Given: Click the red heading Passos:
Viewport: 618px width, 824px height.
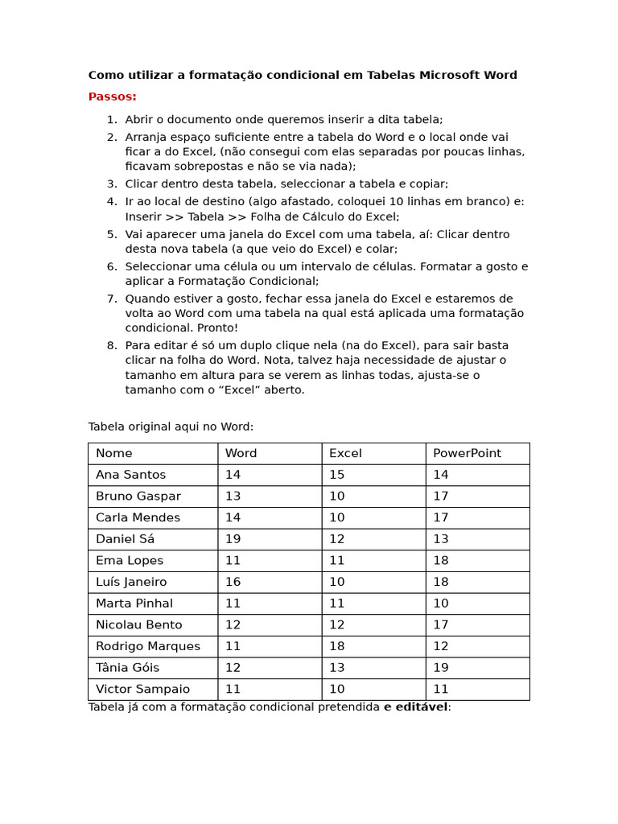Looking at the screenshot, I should (x=112, y=97).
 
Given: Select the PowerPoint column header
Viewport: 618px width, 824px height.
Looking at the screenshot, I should (x=467, y=454).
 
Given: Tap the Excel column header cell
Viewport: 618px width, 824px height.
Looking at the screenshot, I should (x=345, y=454).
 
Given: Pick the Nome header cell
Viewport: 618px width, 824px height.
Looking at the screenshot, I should (x=114, y=454).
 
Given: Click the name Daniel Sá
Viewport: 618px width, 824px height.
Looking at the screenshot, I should (x=125, y=539).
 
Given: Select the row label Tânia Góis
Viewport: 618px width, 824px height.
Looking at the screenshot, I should (x=127, y=668).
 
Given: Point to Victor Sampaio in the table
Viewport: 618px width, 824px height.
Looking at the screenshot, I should (x=142, y=690).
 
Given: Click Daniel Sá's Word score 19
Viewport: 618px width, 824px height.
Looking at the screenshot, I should (x=233, y=539).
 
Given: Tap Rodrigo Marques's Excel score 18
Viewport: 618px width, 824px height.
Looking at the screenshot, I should (x=336, y=646).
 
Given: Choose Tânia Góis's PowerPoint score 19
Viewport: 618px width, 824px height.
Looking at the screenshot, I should (x=441, y=668).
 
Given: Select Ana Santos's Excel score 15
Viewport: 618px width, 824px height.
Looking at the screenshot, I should (x=336, y=475).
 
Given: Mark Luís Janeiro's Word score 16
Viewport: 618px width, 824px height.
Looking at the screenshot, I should (x=233, y=582).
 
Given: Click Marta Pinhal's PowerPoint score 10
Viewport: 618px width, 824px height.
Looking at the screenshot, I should (x=441, y=604).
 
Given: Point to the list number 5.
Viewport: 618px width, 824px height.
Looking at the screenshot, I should (x=112, y=235).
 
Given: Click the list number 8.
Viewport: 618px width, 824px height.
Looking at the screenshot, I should (x=112, y=346).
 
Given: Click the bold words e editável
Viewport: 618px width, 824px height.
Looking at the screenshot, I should (x=416, y=707).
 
